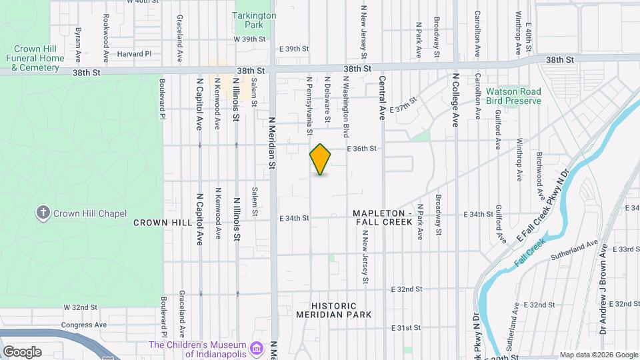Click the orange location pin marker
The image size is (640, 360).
[x=321, y=159]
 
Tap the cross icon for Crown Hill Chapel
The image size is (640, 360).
[x=43, y=213]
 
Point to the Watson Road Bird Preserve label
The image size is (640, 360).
[x=513, y=96]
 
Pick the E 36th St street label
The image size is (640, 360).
[x=362, y=149]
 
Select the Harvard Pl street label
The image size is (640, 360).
[x=135, y=54]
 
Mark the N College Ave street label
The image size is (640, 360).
[x=456, y=100]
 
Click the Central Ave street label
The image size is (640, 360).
[x=383, y=97]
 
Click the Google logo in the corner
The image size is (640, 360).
[x=22, y=351]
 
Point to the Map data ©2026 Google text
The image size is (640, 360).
[x=598, y=355]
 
